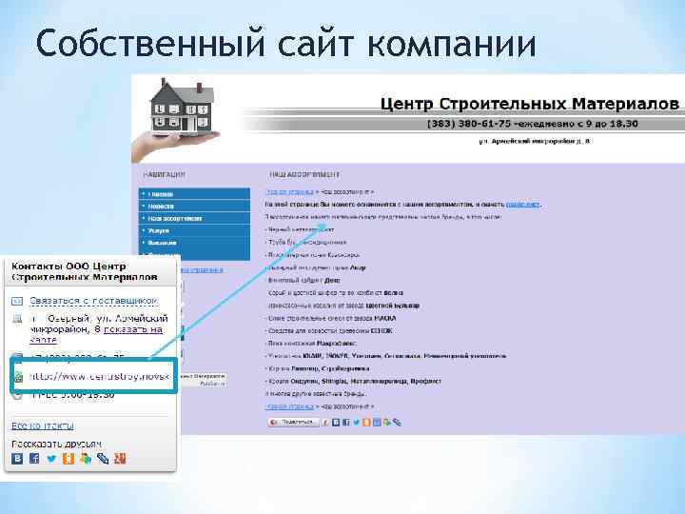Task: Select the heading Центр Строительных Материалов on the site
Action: click(x=530, y=102)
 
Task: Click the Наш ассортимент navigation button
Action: click(x=175, y=218)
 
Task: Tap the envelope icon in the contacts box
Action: click(x=16, y=302)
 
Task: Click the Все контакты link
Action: click(x=42, y=425)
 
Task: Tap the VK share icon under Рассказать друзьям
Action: click(x=17, y=459)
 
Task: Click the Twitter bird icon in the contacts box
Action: click(x=50, y=459)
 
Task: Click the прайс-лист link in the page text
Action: click(x=522, y=204)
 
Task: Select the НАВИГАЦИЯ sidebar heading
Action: click(x=163, y=175)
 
